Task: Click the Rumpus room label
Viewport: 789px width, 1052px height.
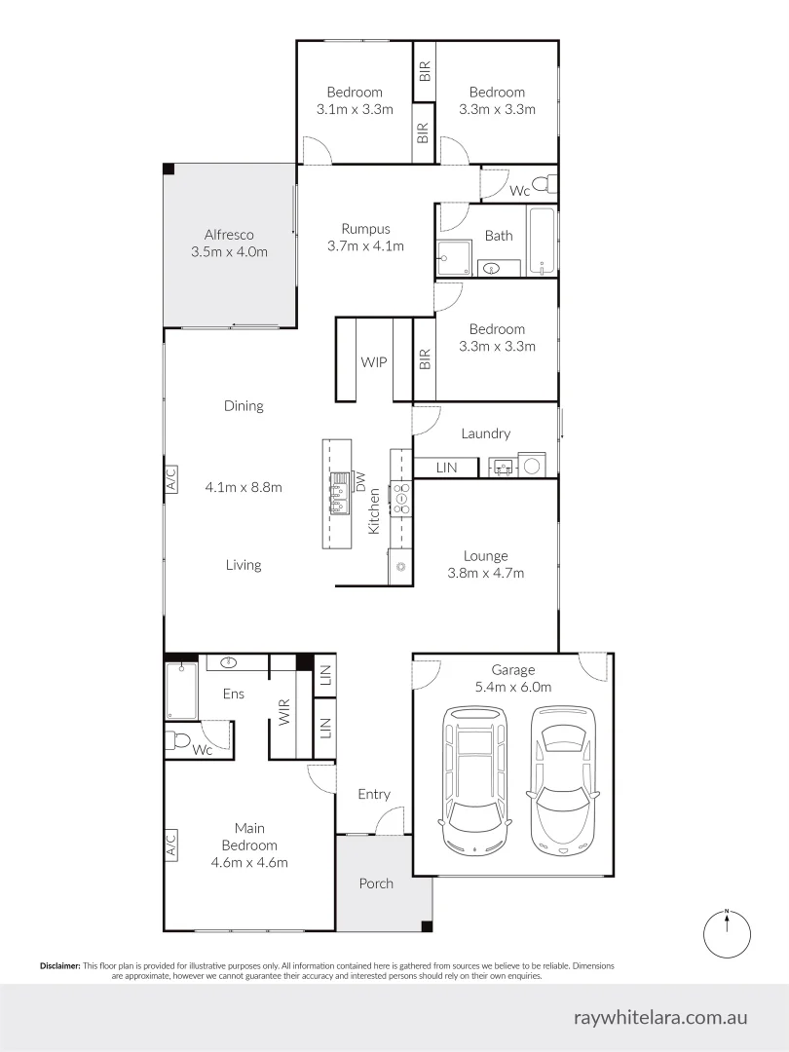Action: [365, 229]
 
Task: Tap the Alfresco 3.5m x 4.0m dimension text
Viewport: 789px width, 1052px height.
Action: [230, 252]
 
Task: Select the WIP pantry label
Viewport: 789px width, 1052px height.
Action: [374, 361]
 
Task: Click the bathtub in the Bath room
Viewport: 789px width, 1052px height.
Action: [542, 241]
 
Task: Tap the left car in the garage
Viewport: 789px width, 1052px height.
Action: [474, 779]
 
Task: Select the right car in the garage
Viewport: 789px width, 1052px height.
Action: [563, 778]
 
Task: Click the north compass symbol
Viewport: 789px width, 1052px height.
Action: [727, 933]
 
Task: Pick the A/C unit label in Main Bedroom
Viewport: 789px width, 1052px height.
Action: [170, 844]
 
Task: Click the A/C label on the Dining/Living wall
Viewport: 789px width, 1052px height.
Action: [170, 480]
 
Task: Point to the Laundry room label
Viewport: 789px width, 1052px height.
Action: [486, 433]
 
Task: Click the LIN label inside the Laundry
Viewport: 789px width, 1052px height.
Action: [446, 468]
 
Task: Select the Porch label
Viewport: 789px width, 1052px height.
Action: [376, 883]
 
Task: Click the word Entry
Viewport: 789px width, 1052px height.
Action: [374, 795]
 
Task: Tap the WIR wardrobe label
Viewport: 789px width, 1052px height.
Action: [284, 712]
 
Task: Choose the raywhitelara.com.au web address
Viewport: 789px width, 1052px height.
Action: [660, 1017]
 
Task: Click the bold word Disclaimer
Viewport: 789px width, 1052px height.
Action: [60, 966]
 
